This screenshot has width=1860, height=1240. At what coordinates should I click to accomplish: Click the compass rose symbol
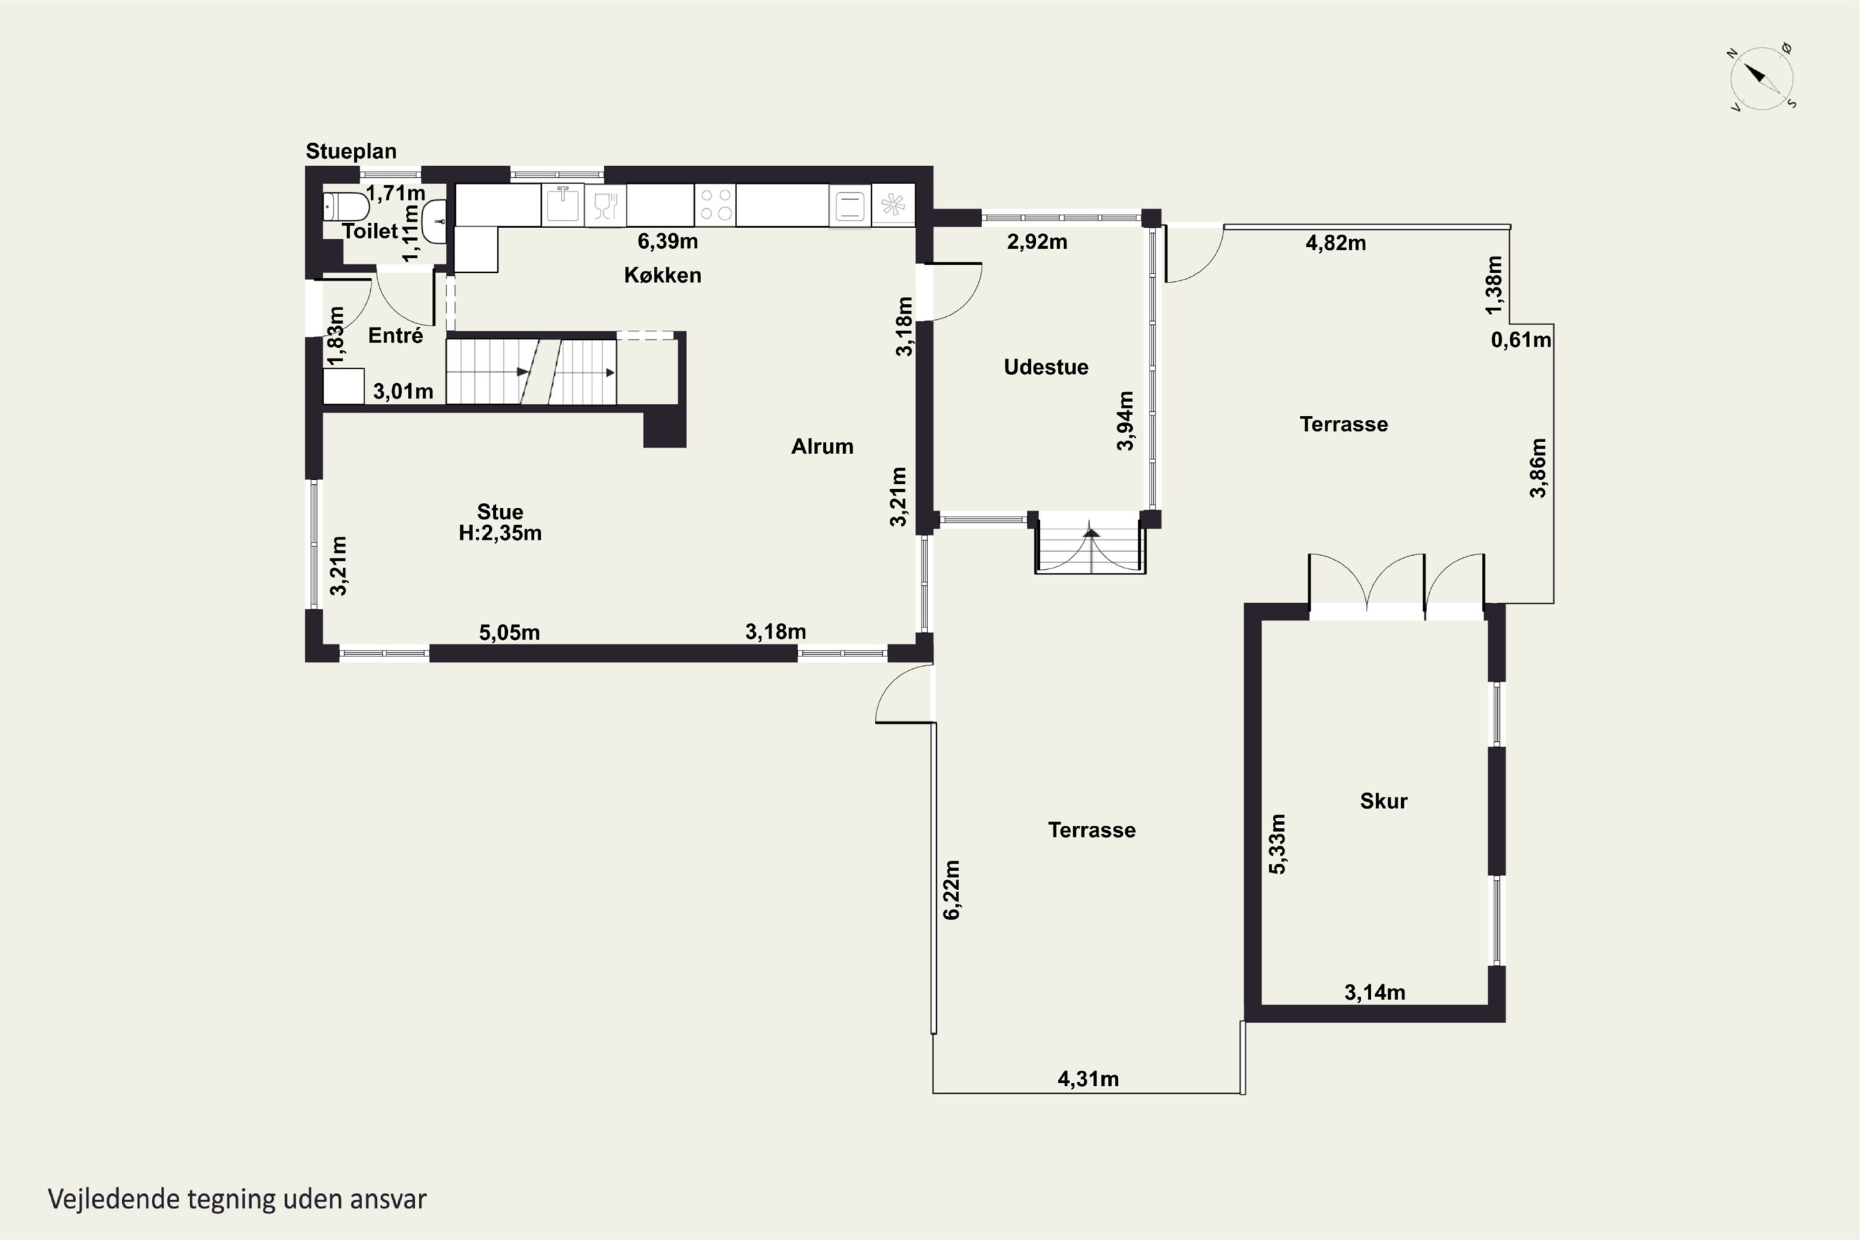(1761, 78)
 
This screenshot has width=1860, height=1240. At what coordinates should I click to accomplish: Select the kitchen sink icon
(562, 204)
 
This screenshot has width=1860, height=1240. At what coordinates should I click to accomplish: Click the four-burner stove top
(715, 204)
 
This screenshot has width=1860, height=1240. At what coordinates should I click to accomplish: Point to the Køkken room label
(663, 275)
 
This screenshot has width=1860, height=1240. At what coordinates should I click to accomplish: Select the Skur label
(1383, 801)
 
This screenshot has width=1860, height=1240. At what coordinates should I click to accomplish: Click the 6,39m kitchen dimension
(668, 241)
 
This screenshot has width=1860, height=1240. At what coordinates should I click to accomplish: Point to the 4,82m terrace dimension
(1335, 243)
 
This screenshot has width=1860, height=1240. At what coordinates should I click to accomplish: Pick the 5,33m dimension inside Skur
(1277, 844)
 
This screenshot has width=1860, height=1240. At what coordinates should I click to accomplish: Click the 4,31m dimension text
(1088, 1079)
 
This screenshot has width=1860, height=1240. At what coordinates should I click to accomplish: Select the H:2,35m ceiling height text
(500, 533)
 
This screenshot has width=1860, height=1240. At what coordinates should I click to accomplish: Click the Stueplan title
(351, 151)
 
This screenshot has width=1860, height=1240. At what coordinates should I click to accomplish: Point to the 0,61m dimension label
(1521, 340)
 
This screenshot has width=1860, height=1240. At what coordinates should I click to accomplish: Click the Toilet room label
(370, 231)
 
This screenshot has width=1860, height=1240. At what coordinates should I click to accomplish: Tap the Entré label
(396, 335)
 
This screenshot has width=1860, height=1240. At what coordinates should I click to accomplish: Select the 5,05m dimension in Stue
(509, 632)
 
